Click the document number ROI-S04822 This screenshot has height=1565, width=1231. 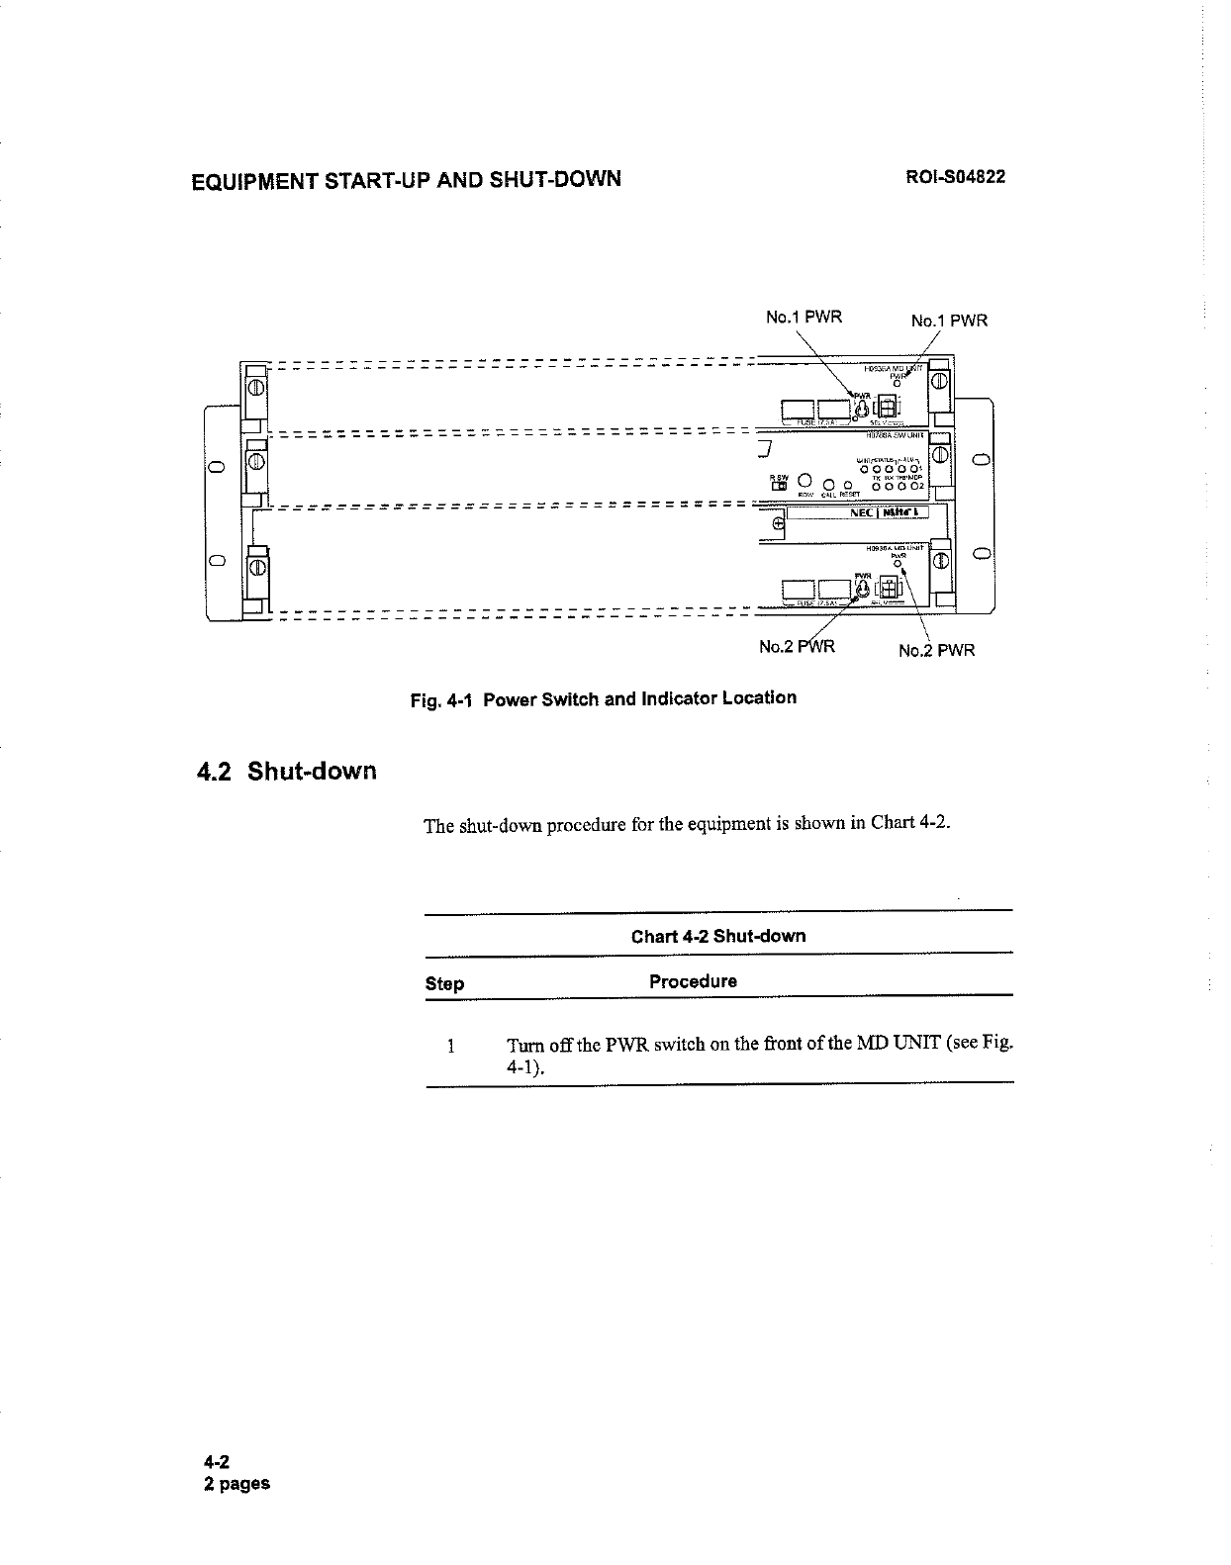pos(956,178)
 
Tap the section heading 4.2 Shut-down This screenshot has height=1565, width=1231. pos(285,771)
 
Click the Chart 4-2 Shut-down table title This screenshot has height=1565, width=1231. pos(718,936)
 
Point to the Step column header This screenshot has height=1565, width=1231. pos(444,983)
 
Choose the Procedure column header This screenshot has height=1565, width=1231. pos(693,981)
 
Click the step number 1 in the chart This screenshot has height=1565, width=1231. pos(450,1046)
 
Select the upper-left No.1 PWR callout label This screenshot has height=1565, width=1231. pos(804,318)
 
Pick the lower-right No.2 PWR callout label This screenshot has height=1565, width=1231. pos(936,650)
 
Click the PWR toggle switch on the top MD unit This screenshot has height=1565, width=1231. pos(863,408)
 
